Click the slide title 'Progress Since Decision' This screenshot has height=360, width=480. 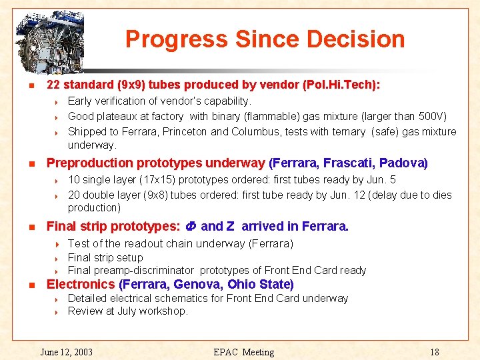(x=265, y=39)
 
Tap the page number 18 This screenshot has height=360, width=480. (x=435, y=352)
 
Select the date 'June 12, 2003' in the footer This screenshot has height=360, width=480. (x=67, y=352)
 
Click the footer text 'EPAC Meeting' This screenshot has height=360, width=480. (x=244, y=352)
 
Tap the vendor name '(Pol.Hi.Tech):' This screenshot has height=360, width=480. (x=341, y=85)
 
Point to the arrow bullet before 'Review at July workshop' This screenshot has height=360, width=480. (x=58, y=311)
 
